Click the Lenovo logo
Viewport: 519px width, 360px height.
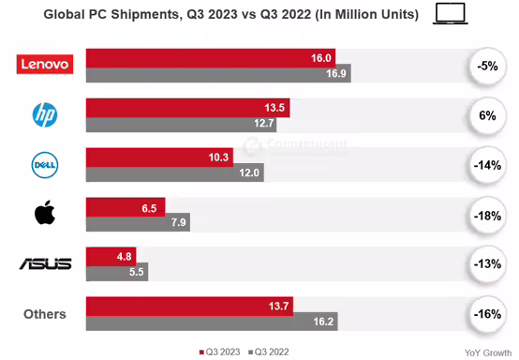tap(44, 65)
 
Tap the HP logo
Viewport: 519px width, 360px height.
tap(45, 115)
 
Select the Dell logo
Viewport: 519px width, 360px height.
tap(45, 165)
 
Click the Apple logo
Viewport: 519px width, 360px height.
tap(44, 214)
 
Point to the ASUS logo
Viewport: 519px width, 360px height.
tap(45, 263)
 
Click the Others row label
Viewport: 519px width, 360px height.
tap(45, 314)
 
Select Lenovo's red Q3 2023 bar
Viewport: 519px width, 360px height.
tap(211, 57)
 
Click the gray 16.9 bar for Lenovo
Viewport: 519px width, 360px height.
tap(218, 74)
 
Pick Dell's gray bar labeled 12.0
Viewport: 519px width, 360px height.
tap(174, 172)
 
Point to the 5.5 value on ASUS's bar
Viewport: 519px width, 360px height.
tap(135, 272)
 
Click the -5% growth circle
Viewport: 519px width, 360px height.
tap(485, 66)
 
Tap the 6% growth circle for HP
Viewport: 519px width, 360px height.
tap(485, 115)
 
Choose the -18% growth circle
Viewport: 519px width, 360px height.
tap(485, 215)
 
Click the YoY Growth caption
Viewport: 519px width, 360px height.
tap(487, 352)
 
